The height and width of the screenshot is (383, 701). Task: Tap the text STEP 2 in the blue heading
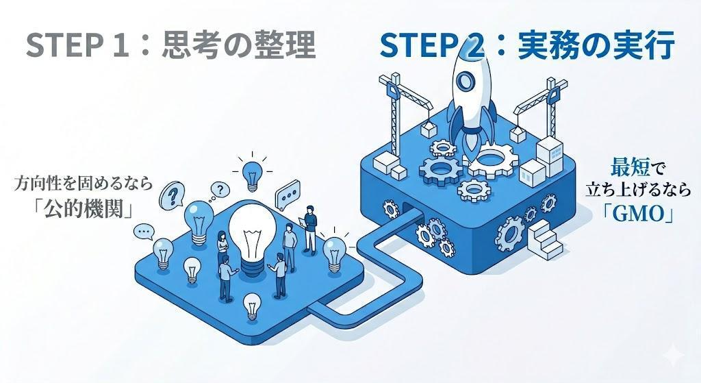432,45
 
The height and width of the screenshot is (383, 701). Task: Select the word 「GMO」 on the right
639,214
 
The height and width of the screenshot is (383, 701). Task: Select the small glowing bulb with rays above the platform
252,175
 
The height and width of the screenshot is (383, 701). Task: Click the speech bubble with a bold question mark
173,195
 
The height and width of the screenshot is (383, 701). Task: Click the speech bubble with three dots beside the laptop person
288,195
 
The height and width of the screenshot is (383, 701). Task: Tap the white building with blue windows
550,156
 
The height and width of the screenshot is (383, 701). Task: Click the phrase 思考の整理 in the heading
239,45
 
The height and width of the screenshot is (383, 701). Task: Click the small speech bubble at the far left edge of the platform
144,231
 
